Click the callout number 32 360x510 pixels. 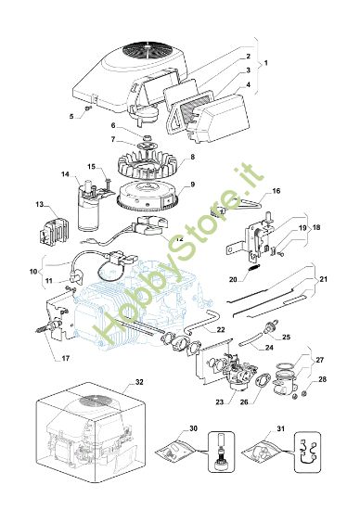138,381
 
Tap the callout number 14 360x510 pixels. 65,173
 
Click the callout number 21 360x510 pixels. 322,279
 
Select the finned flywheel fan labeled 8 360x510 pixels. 154,167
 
